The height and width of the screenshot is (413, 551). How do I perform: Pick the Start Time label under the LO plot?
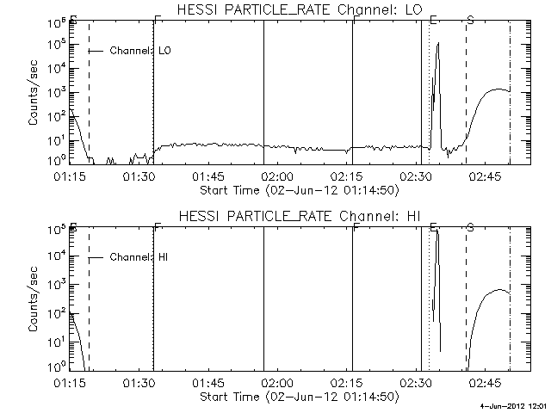(x=298, y=189)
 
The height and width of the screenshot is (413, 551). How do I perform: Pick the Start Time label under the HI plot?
(x=298, y=396)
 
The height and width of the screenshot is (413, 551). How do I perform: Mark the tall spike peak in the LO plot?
(x=438, y=43)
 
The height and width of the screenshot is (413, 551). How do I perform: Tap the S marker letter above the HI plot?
(x=470, y=227)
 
